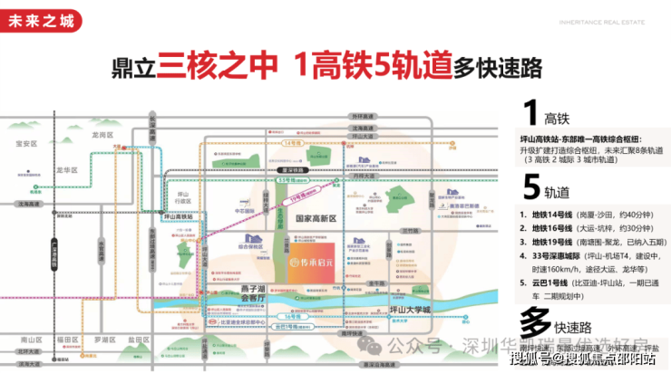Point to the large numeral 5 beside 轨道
(x=530, y=189)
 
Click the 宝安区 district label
(x=25, y=143)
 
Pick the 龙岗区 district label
(x=102, y=134)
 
